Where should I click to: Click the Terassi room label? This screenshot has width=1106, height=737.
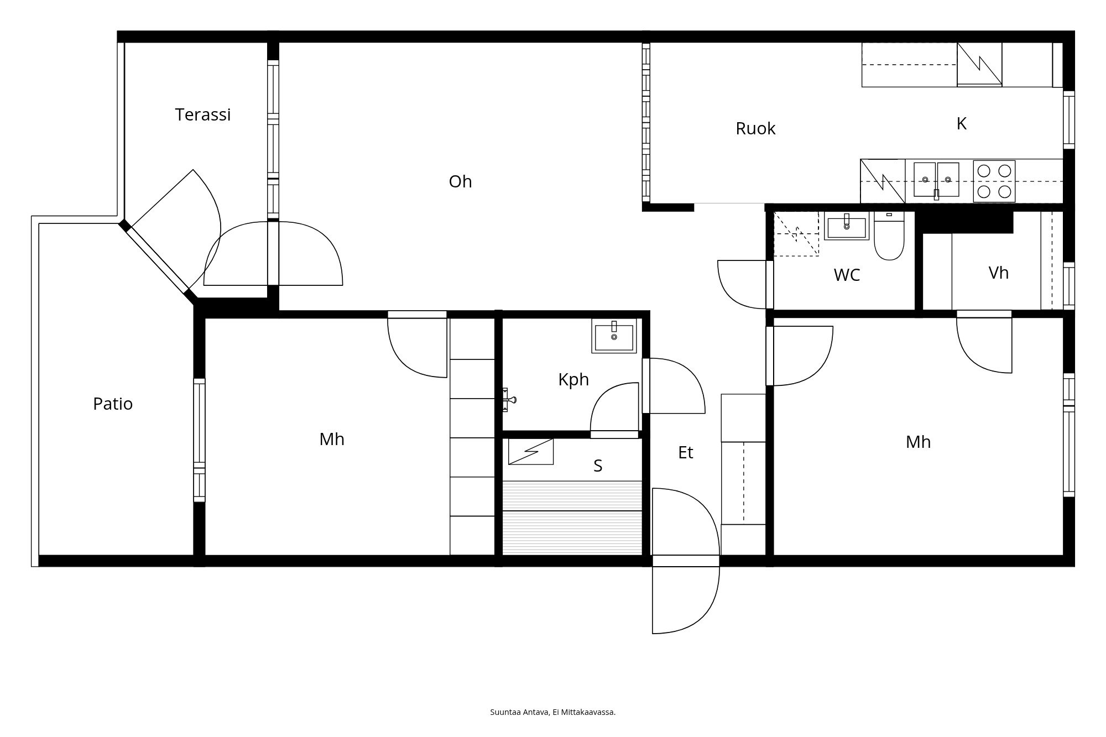[203, 114]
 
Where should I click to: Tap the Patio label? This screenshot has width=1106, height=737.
[113, 404]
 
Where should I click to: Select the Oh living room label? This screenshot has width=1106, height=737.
[460, 181]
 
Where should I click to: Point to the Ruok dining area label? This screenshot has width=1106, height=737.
[755, 128]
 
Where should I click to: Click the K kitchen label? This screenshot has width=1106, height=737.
[962, 123]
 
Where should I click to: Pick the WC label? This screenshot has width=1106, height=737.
[847, 275]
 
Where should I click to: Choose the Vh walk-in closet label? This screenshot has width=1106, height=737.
[999, 273]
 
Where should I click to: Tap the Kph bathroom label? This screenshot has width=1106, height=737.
[573, 379]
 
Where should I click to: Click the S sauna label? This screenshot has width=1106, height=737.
[598, 466]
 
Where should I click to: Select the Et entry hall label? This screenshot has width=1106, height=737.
[686, 452]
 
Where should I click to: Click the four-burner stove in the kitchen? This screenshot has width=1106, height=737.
[994, 181]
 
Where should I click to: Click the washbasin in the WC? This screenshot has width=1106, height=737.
[846, 226]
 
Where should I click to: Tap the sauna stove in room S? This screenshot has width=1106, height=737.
[531, 451]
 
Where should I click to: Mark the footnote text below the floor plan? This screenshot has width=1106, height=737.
[553, 712]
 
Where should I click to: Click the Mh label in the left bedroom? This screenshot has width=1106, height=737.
[332, 439]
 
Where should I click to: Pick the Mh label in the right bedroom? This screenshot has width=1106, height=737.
[918, 442]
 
